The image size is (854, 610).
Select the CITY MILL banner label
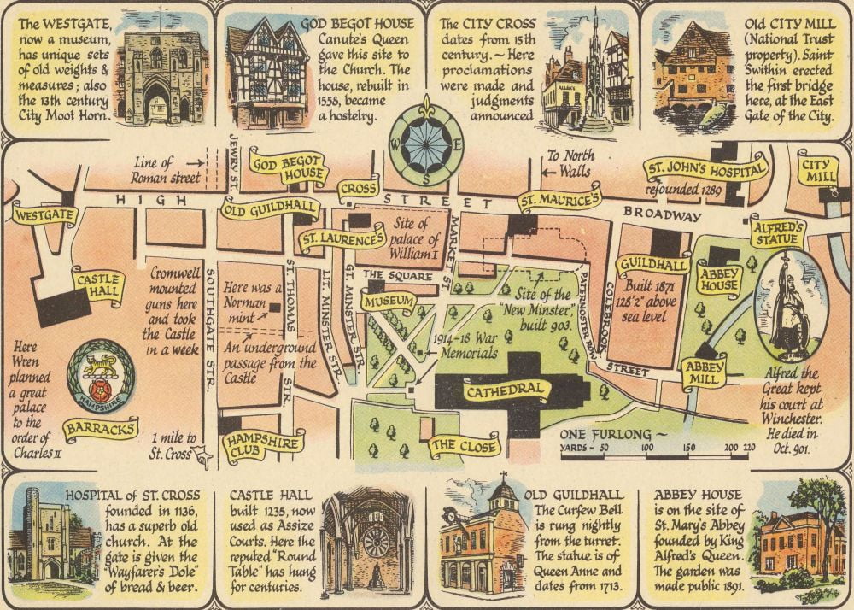click(x=818, y=169)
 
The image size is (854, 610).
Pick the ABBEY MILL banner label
click(x=704, y=372)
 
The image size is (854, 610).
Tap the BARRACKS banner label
click(x=101, y=428)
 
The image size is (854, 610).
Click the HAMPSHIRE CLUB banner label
click(x=262, y=444)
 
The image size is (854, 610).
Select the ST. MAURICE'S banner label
click(x=559, y=200)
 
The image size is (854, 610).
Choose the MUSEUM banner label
click(x=389, y=302)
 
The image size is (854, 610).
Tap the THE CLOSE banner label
click(x=463, y=445)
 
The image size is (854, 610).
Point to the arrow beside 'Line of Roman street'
click(x=196, y=161)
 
